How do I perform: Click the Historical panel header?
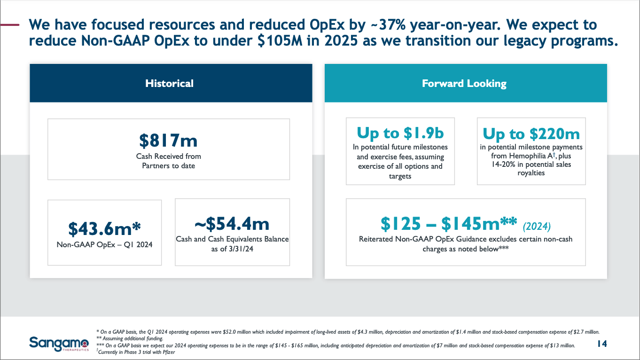[x=169, y=84]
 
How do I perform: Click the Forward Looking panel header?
[x=464, y=84]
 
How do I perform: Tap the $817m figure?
[x=168, y=140]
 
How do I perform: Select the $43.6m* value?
[x=104, y=228]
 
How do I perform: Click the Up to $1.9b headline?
[x=400, y=133]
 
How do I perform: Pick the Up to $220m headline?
[x=531, y=134]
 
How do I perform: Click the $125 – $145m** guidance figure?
[x=449, y=224]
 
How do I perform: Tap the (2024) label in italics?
[x=536, y=227]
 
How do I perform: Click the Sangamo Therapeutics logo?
[x=59, y=344]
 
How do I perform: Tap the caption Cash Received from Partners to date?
[x=168, y=161]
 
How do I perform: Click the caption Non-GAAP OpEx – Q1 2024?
[x=104, y=244]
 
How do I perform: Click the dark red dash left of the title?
[x=10, y=24]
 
